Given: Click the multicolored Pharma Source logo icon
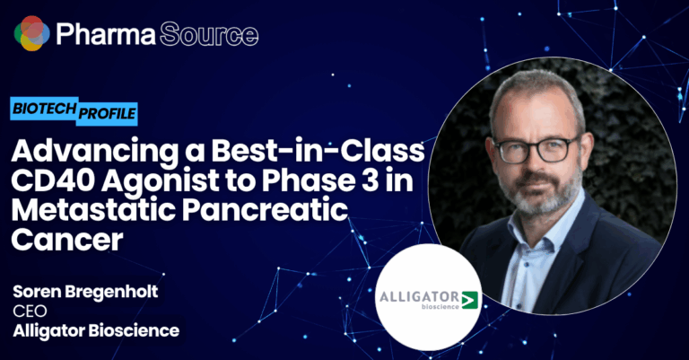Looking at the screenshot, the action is [x=31, y=33].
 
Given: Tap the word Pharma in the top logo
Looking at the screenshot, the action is [x=106, y=34].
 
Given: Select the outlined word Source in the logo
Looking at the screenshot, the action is [x=209, y=34].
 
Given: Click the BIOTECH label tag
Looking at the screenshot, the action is [x=45, y=108].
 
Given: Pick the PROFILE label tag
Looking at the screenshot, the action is [x=108, y=114].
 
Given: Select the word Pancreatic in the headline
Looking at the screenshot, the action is [x=265, y=210].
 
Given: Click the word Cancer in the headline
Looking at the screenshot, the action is [x=66, y=240].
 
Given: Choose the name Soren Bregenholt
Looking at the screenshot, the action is [x=85, y=292].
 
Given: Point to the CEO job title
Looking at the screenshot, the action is [x=30, y=311].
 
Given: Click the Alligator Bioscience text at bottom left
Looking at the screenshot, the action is [x=96, y=330].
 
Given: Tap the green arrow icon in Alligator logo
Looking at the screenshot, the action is [x=469, y=300].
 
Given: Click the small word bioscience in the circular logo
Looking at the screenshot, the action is [x=440, y=306].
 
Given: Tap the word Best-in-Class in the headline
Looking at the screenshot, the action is [x=318, y=150].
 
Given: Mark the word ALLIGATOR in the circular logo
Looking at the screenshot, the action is [x=419, y=296].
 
